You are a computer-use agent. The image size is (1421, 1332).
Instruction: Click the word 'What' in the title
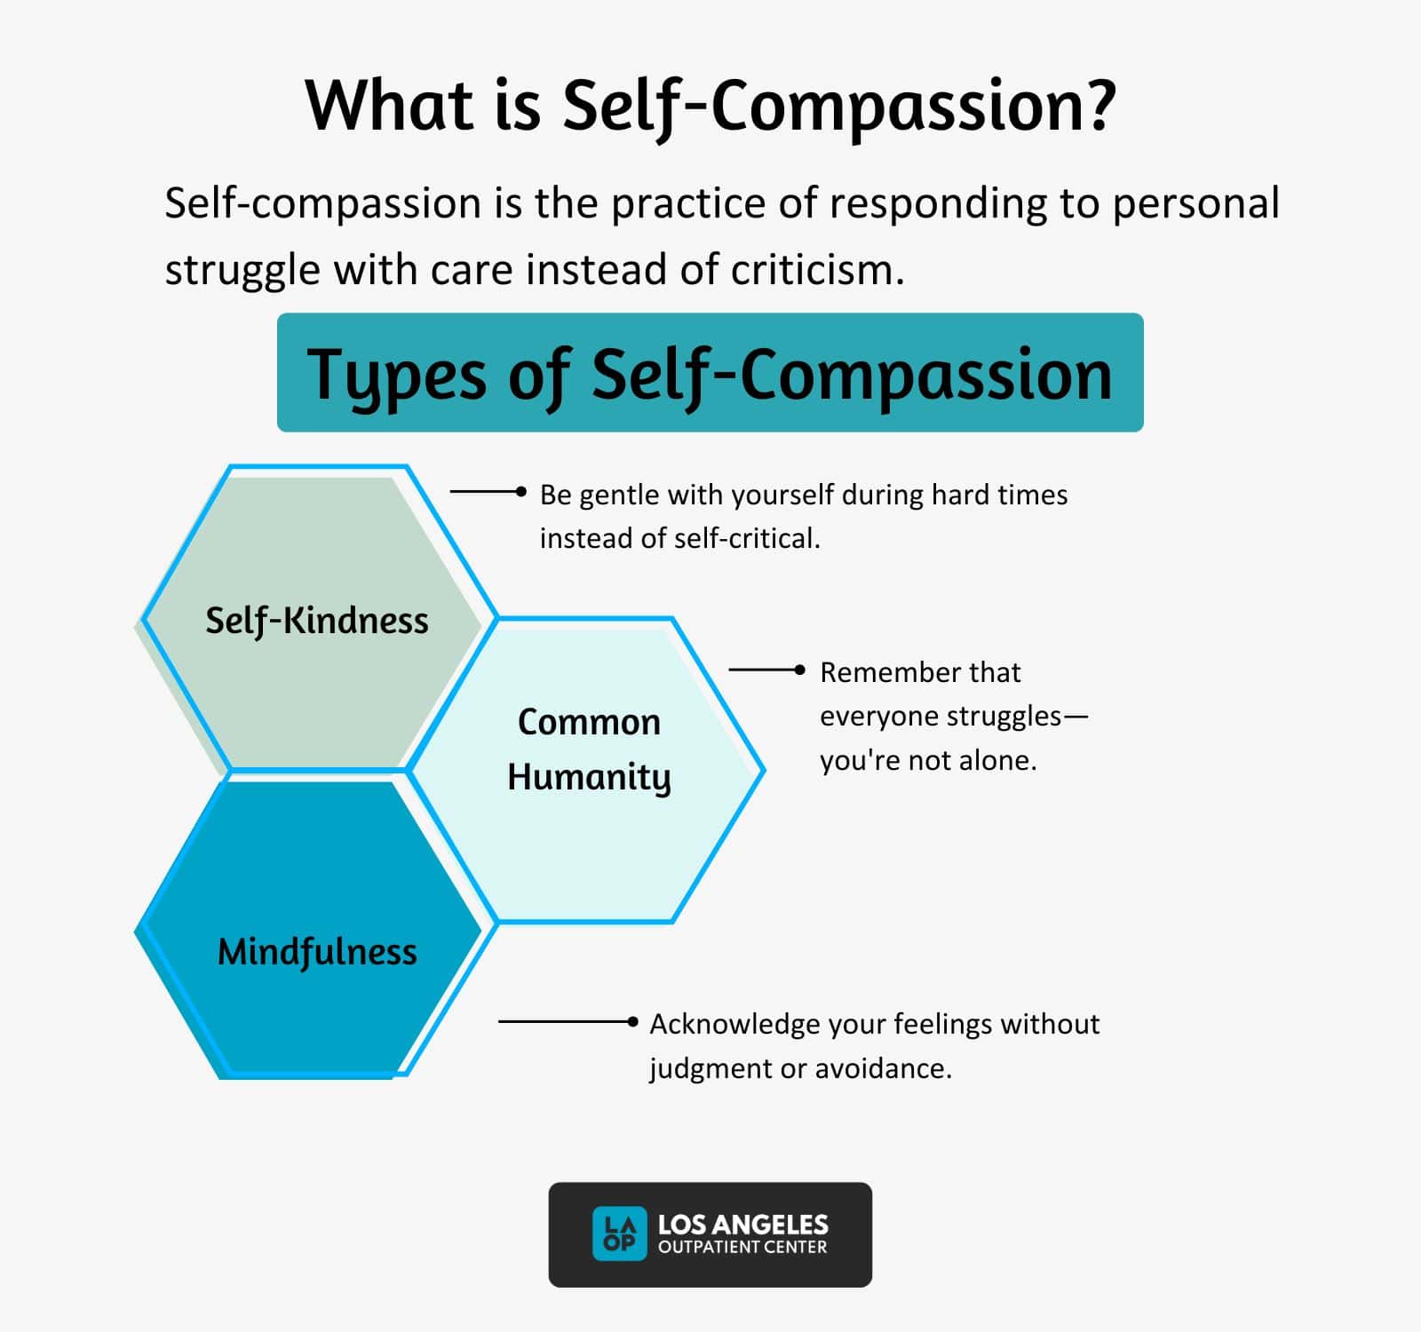click(x=390, y=105)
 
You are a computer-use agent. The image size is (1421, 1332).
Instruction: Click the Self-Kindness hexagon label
click(x=317, y=621)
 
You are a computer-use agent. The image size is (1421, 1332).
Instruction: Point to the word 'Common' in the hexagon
click(x=589, y=722)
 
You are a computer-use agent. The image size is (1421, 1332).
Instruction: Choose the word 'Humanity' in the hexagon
click(x=589, y=777)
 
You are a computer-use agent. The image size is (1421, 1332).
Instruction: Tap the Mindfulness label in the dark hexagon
click(x=317, y=952)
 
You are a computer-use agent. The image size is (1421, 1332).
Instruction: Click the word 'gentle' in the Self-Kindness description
click(x=620, y=495)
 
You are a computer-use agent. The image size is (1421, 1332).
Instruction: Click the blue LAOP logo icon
click(x=619, y=1233)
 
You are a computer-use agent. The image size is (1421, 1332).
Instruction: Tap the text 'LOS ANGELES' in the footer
click(x=742, y=1225)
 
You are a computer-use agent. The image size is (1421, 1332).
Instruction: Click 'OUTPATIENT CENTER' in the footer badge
click(x=742, y=1248)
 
